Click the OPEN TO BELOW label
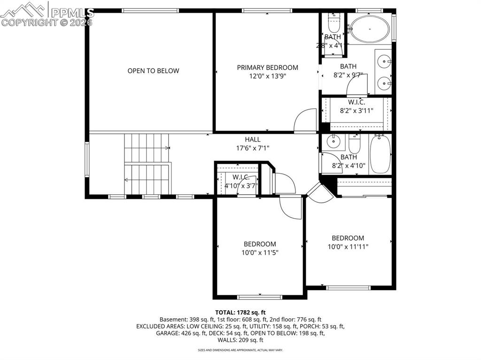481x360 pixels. (153, 71)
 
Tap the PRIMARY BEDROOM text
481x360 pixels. (267, 68)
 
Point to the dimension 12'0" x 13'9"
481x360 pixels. (267, 76)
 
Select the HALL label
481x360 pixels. (252, 139)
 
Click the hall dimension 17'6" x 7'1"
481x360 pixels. (252, 148)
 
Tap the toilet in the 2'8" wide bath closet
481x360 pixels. (333, 23)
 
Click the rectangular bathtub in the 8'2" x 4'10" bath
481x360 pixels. (380, 154)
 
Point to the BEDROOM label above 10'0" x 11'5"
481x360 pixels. (260, 244)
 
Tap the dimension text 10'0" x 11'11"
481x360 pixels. (348, 246)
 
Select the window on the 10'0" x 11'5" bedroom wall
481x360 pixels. (260, 297)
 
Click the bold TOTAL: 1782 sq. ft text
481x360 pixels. (240, 312)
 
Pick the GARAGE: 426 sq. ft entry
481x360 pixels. (178, 333)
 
